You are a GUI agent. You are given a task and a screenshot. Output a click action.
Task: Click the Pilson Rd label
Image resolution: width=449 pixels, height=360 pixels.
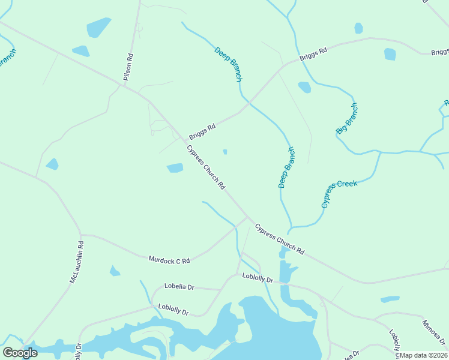128,67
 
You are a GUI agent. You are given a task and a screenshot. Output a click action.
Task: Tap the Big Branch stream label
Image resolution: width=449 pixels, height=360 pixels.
346,118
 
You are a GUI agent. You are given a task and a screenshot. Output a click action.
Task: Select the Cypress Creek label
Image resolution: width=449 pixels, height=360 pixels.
339,193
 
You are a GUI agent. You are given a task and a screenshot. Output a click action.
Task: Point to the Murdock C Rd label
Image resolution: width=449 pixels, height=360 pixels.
169,260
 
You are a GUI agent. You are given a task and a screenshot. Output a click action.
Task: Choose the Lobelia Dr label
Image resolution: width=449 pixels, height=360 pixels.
179,287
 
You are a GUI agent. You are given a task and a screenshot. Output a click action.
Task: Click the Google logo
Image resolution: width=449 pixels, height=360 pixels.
20,353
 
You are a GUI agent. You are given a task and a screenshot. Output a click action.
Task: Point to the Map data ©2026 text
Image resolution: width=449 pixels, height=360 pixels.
423,355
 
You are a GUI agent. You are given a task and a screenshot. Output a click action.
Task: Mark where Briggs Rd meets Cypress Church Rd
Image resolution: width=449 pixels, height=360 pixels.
184,141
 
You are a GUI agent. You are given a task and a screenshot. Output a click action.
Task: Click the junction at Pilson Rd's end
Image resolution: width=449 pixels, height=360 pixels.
124,86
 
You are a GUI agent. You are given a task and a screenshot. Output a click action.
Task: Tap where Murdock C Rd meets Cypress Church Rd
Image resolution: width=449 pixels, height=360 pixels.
248,217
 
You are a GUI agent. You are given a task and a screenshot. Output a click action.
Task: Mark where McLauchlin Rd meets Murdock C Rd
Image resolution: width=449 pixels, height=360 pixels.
80,235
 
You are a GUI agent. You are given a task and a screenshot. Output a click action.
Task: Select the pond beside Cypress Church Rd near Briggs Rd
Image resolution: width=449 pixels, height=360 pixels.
175,168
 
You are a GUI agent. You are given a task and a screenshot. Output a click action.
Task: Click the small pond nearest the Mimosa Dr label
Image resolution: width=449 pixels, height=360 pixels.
390,299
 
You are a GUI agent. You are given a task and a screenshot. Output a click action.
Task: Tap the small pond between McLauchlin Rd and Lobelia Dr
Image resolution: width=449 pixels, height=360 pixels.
114,271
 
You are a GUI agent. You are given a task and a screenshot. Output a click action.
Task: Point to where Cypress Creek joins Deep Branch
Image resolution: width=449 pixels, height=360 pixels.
290,229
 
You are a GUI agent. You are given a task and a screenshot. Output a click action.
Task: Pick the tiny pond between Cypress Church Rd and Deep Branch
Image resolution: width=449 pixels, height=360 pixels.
225,152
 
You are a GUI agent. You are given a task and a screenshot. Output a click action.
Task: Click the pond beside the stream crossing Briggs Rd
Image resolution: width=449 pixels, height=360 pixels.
304,87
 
